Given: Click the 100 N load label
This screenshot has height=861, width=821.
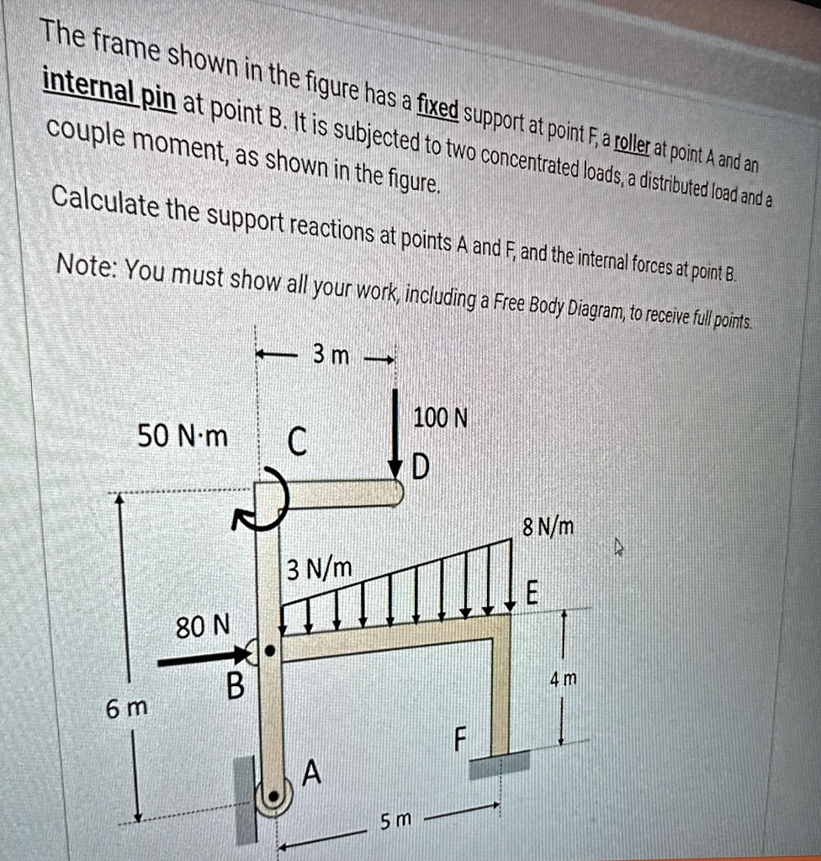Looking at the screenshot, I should pos(440,418).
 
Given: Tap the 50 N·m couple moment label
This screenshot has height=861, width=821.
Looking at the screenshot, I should pos(183,436).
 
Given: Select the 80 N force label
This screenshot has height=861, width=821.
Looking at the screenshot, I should pos(202,626).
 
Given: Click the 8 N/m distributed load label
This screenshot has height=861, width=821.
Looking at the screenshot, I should pos(548,528).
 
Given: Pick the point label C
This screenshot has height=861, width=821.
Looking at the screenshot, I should pos(297,441).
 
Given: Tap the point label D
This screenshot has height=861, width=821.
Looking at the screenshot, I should pos(421,467).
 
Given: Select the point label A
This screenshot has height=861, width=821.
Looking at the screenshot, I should pos(312,771).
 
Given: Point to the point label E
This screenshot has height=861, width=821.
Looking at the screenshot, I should pos(531,593).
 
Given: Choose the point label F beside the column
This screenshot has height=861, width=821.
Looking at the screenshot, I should pos(458,739).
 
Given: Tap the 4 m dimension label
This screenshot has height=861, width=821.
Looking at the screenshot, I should pos(564,679).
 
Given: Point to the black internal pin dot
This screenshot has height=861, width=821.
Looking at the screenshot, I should pos(270,650).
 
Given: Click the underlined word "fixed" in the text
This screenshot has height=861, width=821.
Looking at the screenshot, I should pos(437,108).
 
